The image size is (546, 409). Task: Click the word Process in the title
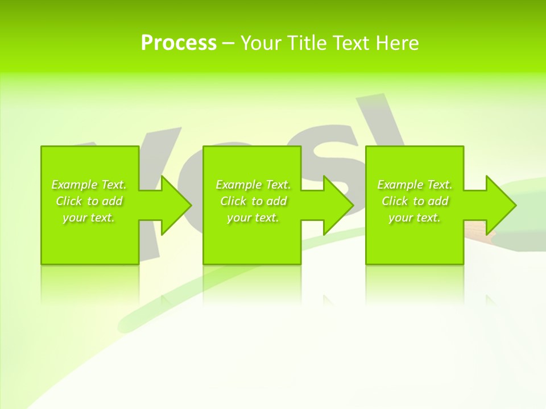coord(179,43)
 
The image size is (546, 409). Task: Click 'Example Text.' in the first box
coord(89,185)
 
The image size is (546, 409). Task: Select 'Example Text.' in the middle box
coord(253,185)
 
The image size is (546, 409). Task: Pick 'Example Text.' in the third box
coord(415,185)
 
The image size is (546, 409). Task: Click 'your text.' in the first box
coord(89,218)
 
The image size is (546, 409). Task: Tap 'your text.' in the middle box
coord(253,218)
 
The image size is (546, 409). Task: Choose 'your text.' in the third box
coord(415,218)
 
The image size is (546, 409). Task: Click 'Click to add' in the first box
coord(89,201)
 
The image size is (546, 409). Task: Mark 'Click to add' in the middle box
coord(253,201)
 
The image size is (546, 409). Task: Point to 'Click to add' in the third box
coord(415,201)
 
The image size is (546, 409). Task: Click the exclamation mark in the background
coord(390,122)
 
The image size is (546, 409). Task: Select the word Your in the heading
coord(259,43)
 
